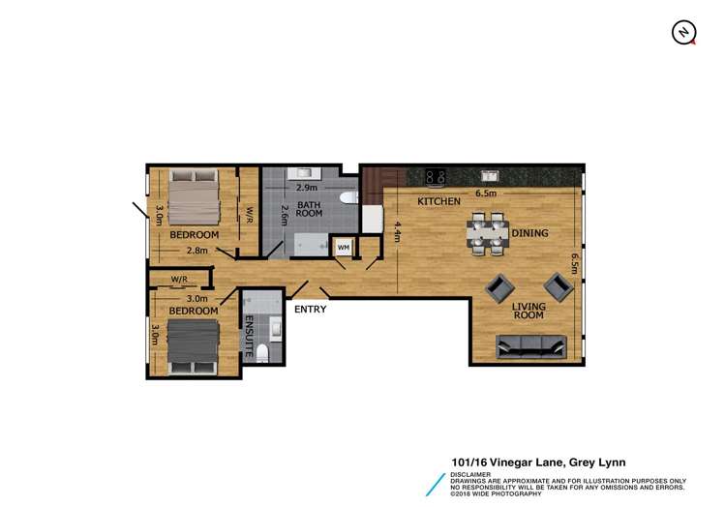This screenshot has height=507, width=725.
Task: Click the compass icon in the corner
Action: (x=684, y=32)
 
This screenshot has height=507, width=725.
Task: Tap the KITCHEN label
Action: (x=438, y=201)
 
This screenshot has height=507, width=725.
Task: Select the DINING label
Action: (x=529, y=233)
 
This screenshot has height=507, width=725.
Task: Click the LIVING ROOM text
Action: (x=529, y=311)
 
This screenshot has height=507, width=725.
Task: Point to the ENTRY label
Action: (x=310, y=310)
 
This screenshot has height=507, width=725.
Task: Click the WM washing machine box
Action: (x=343, y=248)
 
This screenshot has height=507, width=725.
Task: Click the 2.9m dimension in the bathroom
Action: (x=307, y=187)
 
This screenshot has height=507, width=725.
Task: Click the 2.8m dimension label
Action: (x=197, y=251)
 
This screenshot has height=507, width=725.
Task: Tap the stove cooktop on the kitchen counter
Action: (x=436, y=177)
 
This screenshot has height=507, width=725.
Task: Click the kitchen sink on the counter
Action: (x=490, y=176)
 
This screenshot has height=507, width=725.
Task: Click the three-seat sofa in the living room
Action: (x=530, y=345)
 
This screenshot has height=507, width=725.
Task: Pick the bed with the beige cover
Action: (x=194, y=200)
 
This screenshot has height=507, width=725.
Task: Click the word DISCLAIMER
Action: (x=471, y=474)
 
